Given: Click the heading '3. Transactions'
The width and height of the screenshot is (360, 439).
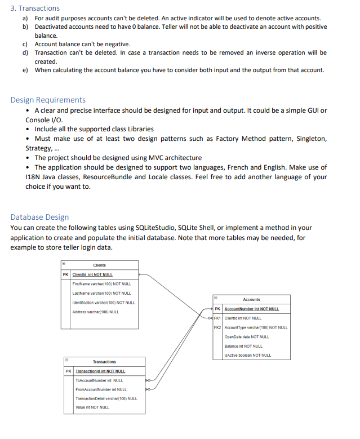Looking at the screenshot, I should click(x=35, y=8).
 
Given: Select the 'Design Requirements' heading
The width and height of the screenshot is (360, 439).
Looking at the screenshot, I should click(x=48, y=100).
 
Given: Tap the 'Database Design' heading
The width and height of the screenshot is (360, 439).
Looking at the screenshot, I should click(x=39, y=217).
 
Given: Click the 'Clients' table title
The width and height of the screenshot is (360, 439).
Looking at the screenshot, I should click(x=99, y=265).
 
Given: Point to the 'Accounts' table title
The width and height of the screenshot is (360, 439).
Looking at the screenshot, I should click(x=251, y=299).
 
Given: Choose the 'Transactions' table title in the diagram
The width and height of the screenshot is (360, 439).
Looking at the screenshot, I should click(x=104, y=361).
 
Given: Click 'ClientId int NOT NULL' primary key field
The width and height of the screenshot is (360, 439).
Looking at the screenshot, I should click(x=92, y=274).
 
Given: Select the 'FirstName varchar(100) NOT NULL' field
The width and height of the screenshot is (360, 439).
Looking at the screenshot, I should click(x=101, y=284).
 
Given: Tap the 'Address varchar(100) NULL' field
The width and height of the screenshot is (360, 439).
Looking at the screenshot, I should click(x=95, y=312).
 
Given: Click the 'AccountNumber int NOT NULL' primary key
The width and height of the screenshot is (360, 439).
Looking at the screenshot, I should click(x=251, y=309).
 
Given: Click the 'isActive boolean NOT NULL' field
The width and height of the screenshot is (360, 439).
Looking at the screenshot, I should click(x=247, y=355).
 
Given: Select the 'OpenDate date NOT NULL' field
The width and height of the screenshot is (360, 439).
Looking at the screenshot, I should click(x=246, y=336).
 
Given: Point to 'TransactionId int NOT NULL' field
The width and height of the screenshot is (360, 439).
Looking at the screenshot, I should click(x=100, y=371).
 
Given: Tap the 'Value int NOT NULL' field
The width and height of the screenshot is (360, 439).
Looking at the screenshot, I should click(x=92, y=407).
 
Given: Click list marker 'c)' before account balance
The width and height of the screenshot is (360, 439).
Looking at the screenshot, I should click(x=25, y=44).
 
